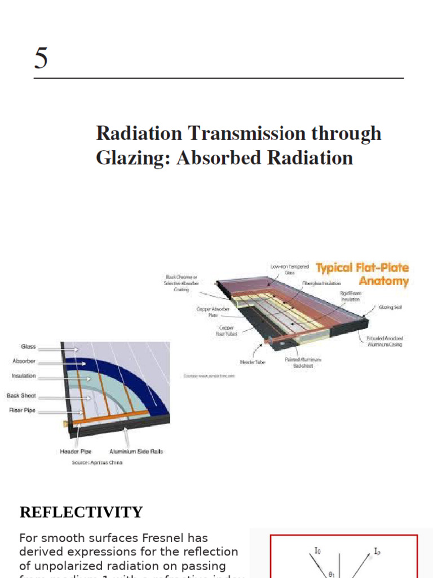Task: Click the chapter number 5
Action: [41, 58]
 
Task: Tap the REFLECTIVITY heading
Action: [81, 513]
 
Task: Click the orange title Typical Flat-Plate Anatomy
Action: [362, 274]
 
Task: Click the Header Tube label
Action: [252, 362]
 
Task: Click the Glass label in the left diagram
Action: [28, 347]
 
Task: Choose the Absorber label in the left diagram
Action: [24, 361]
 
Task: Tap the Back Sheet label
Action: [21, 396]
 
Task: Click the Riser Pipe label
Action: [22, 410]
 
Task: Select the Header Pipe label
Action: [76, 452]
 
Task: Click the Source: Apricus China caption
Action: [97, 463]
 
